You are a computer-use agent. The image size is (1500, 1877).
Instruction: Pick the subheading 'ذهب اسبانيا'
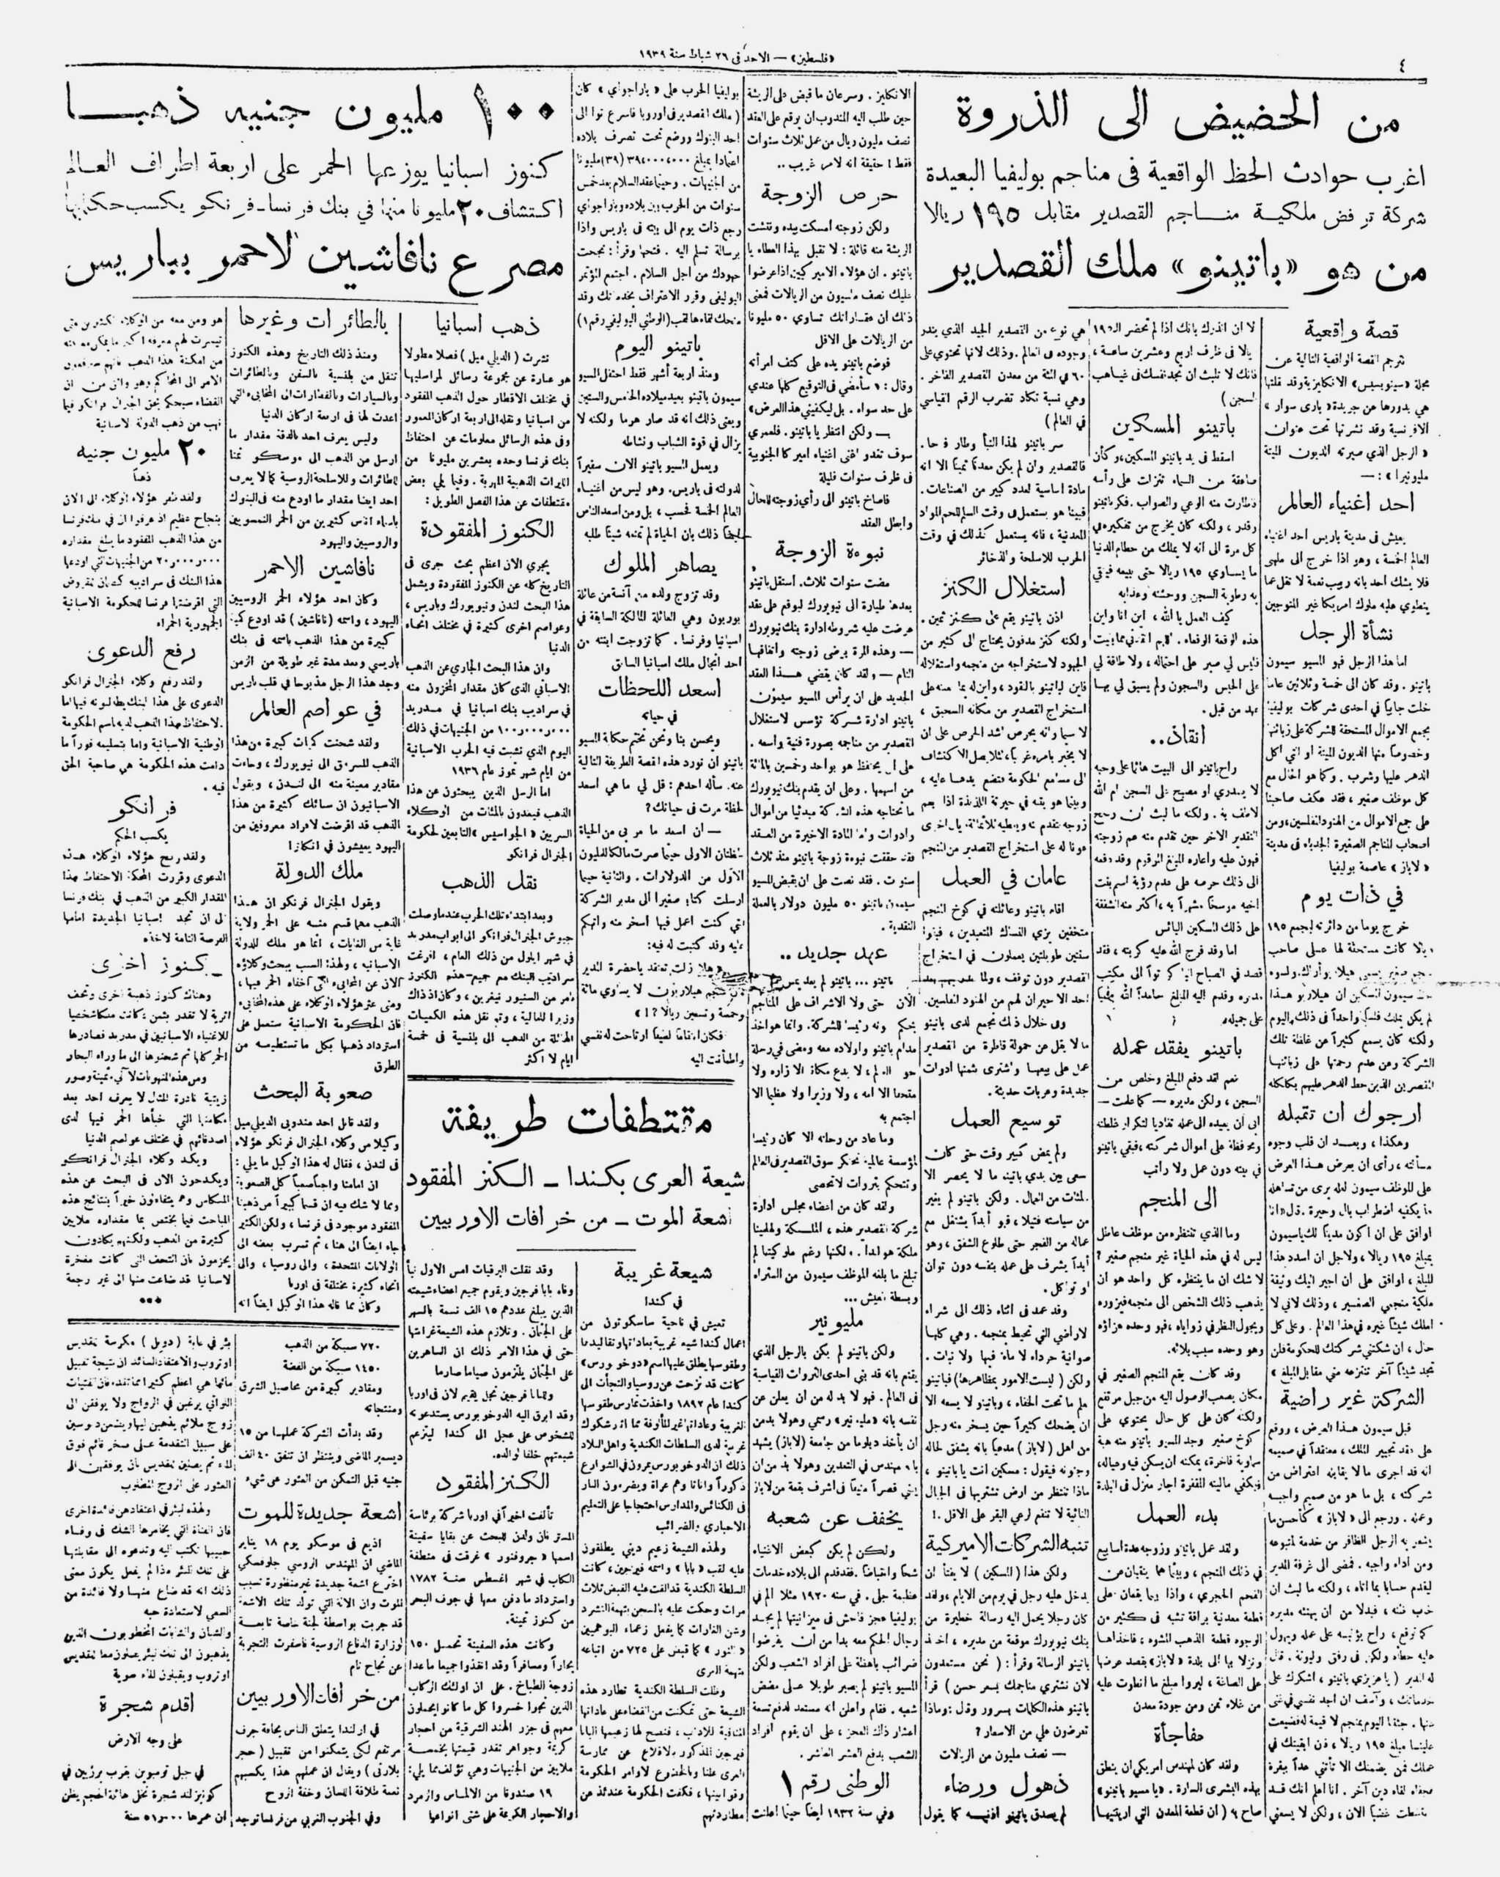(487, 324)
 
